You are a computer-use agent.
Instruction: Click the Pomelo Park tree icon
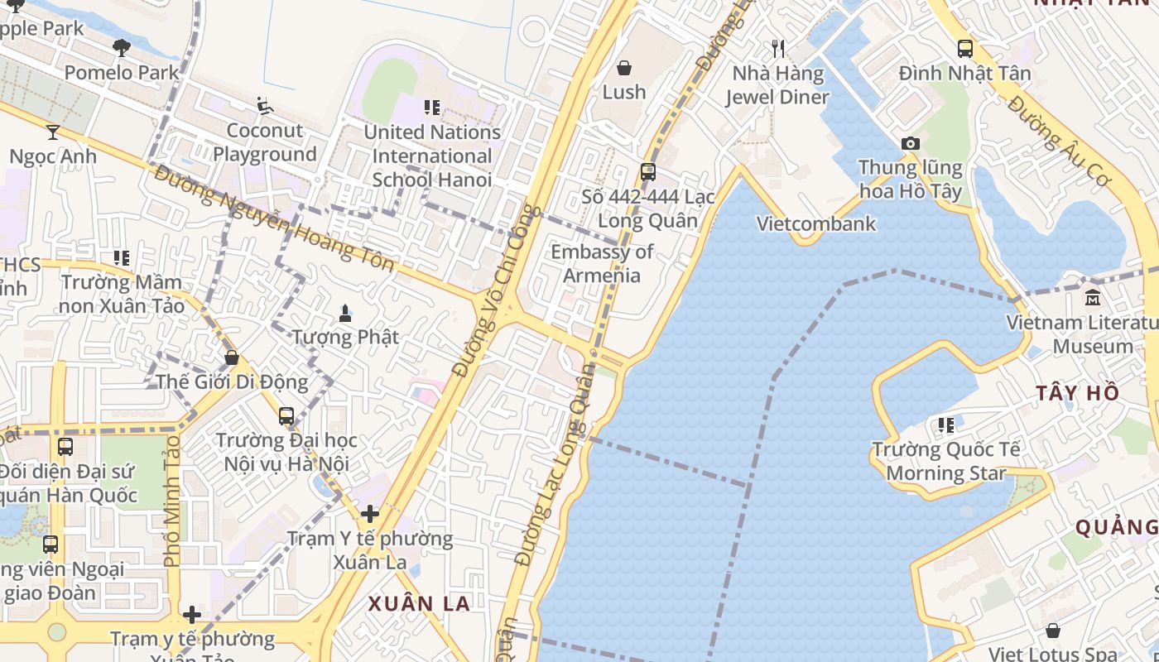122,48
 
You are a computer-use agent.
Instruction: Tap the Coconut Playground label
265,142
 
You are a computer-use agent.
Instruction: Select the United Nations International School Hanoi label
432,156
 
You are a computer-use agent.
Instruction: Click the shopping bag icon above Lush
624,68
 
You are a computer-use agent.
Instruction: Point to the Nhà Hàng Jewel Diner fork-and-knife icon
777,49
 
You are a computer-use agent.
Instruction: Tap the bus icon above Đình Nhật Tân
965,49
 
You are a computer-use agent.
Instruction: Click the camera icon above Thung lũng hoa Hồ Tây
911,143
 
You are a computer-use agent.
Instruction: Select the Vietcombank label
816,223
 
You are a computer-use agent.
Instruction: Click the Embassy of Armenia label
602,263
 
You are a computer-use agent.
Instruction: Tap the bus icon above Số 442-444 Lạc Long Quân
648,172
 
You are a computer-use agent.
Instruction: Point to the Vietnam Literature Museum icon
1093,298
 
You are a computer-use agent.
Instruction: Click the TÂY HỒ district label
1077,393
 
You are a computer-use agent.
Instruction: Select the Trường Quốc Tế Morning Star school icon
945,426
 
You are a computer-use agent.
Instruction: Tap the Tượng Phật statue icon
345,313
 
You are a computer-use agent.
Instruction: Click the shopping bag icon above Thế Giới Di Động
232,357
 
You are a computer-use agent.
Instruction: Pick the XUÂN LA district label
420,604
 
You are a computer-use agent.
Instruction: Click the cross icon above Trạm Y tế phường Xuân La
370,514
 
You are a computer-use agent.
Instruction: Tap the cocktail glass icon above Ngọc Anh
53,132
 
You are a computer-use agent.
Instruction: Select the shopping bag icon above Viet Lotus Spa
1053,631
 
